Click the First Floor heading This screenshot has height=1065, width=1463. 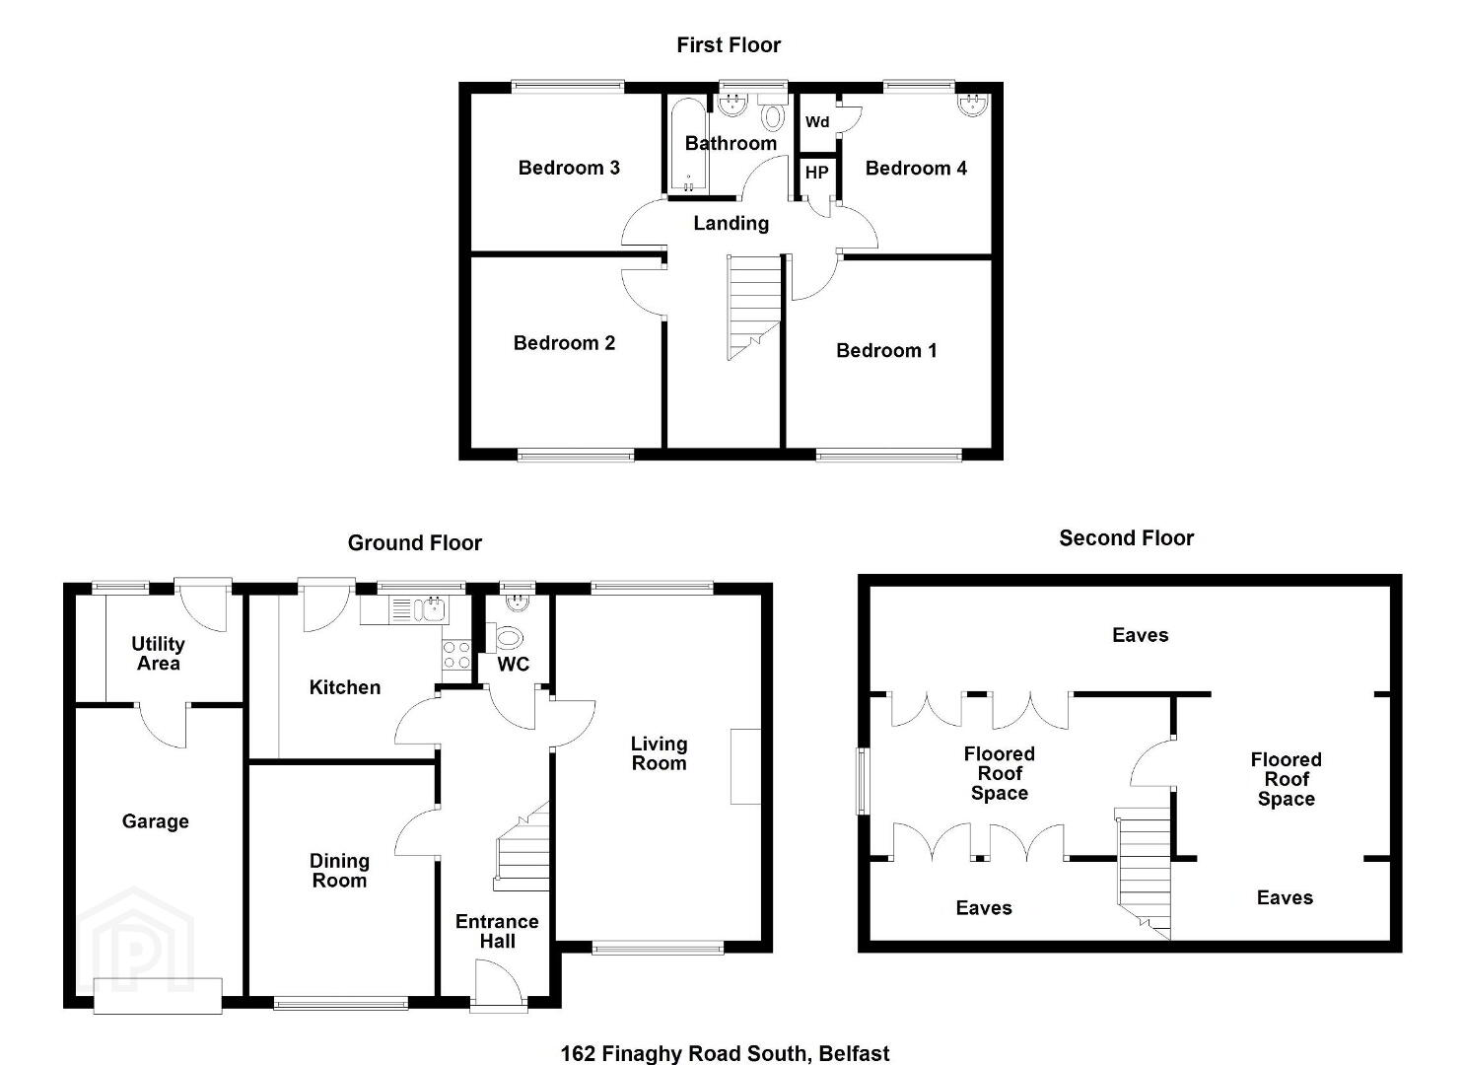(729, 45)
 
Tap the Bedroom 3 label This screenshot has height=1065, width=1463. (569, 168)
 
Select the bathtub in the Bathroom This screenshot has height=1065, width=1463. (687, 145)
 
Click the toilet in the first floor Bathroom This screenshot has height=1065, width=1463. (772, 113)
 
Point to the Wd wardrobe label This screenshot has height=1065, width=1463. (817, 122)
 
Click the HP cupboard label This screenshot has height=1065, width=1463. (816, 173)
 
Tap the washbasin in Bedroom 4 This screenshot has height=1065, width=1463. (974, 105)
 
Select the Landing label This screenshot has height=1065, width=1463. (731, 224)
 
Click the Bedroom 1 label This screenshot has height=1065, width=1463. (886, 351)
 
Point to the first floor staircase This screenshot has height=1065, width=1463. (754, 307)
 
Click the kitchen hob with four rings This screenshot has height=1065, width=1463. (455, 655)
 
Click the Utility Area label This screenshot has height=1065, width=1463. (158, 654)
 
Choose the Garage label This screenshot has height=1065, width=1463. (156, 821)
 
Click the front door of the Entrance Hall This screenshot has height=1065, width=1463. (498, 984)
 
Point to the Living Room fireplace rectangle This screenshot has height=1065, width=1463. (745, 766)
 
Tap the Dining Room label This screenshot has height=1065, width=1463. (339, 871)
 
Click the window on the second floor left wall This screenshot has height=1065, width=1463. (864, 781)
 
